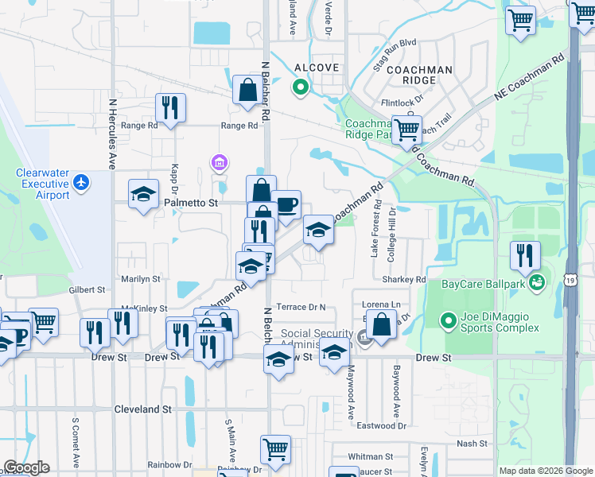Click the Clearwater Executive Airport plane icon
pyautogui.click(x=81, y=182)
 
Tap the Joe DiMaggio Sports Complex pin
pyautogui.click(x=448, y=322)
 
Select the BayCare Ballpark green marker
pyautogui.click(x=539, y=281)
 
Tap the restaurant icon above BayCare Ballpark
pyautogui.click(x=525, y=256)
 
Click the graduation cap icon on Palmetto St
pyautogui.click(x=144, y=195)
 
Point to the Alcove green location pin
pyautogui.click(x=301, y=87)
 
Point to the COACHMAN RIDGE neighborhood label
pyautogui.click(x=418, y=70)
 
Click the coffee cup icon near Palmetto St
pyautogui.click(x=286, y=205)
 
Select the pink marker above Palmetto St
pyautogui.click(x=220, y=164)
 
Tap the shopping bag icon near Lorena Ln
pyautogui.click(x=383, y=326)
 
